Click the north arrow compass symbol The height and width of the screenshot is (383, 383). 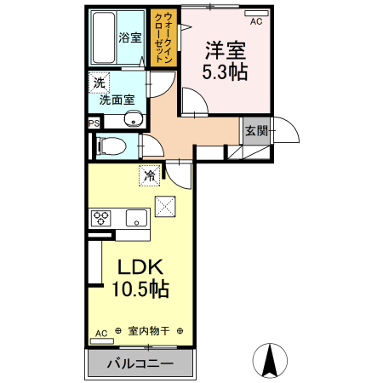270,361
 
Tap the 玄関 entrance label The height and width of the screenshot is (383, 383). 256,131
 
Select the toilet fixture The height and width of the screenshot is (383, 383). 111,146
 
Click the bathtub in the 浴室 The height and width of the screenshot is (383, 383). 104,37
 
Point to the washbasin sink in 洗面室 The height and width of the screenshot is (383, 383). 133,118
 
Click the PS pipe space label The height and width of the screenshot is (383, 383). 94,123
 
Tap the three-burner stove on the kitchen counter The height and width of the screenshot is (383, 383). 100,218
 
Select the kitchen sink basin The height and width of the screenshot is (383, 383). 136,218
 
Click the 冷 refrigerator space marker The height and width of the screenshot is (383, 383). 150,175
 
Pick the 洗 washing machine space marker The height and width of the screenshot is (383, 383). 99,83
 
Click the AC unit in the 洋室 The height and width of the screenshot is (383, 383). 256,14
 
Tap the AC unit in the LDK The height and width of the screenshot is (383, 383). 101,341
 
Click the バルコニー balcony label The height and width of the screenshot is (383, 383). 140,363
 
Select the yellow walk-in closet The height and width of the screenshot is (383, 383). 163,37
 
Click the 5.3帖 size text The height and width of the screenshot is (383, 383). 225,72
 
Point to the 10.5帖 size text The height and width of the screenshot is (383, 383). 140,289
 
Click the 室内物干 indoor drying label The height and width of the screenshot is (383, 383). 149,331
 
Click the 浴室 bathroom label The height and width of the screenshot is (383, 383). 130,37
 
